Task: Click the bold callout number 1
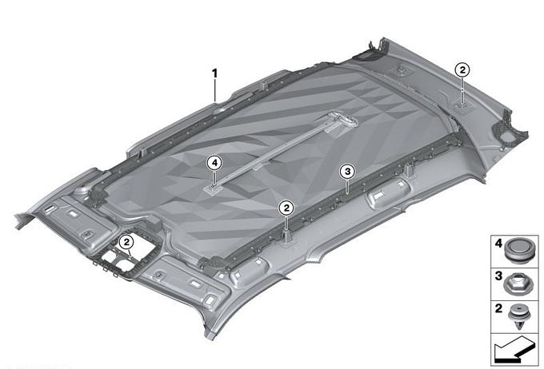(214, 73)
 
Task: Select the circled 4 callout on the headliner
(214, 163)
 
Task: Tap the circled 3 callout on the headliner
(348, 171)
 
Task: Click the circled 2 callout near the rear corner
(462, 70)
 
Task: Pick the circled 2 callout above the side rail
(286, 208)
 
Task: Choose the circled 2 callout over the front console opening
(126, 242)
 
